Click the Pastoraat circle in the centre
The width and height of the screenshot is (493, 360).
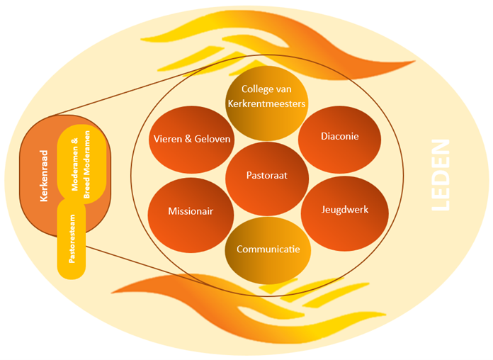point(267,174)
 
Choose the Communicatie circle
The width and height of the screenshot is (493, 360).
point(268,249)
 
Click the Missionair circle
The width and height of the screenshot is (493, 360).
point(191,211)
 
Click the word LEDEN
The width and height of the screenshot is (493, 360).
point(441,175)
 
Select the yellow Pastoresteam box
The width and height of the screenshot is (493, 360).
point(71,241)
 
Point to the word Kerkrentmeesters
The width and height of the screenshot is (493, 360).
point(267,103)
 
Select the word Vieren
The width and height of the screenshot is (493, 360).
point(168,139)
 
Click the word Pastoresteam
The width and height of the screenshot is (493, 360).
point(71,244)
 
